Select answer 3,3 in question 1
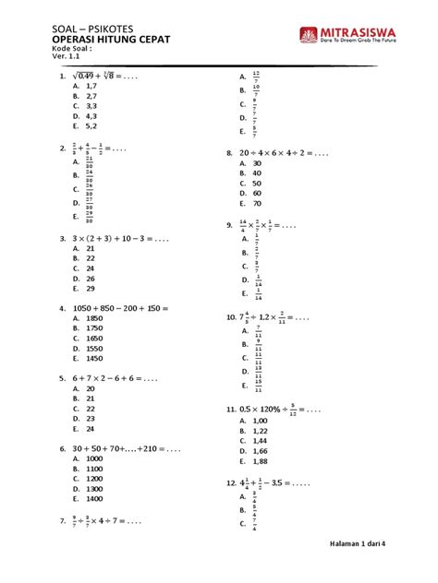(x=91, y=106)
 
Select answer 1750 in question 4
(x=94, y=329)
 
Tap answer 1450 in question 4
(x=94, y=359)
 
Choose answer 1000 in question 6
(x=94, y=458)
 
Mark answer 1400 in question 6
(x=94, y=498)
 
